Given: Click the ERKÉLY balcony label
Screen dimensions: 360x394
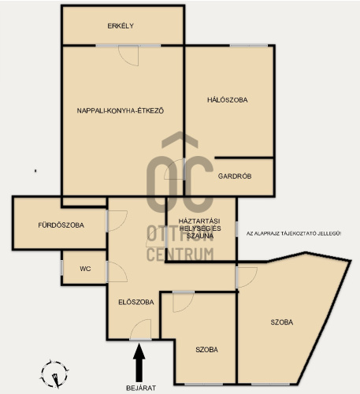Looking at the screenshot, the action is tap(121, 26).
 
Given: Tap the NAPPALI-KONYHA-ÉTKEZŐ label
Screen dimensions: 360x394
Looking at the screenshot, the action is tap(121, 110).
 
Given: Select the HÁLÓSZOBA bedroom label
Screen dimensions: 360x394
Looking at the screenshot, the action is tap(228, 100).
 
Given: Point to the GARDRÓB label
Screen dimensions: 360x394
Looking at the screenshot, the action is tap(235, 176).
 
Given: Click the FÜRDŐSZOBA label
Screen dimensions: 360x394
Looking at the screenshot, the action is tap(61, 225).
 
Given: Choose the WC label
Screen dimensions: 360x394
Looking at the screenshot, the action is tap(85, 269).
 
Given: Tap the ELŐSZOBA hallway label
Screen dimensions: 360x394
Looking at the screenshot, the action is tap(136, 302).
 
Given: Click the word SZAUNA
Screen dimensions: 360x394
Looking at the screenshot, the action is tap(200, 236).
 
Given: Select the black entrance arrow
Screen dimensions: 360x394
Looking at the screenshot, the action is tap(139, 363).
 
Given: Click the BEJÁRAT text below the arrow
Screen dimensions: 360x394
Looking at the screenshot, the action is tap(141, 388).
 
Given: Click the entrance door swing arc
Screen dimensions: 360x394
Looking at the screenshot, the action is tap(135, 325).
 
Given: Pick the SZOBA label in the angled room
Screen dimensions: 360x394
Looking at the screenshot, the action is tap(282, 322).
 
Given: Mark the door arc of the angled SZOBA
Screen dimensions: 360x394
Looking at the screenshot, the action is tap(251, 281).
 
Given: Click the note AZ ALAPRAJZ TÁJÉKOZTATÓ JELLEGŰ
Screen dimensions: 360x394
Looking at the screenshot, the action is tap(294, 233).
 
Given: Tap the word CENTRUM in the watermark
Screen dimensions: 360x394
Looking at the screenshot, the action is tap(180, 255).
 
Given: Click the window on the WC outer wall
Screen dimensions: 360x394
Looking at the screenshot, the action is tap(61, 268).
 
